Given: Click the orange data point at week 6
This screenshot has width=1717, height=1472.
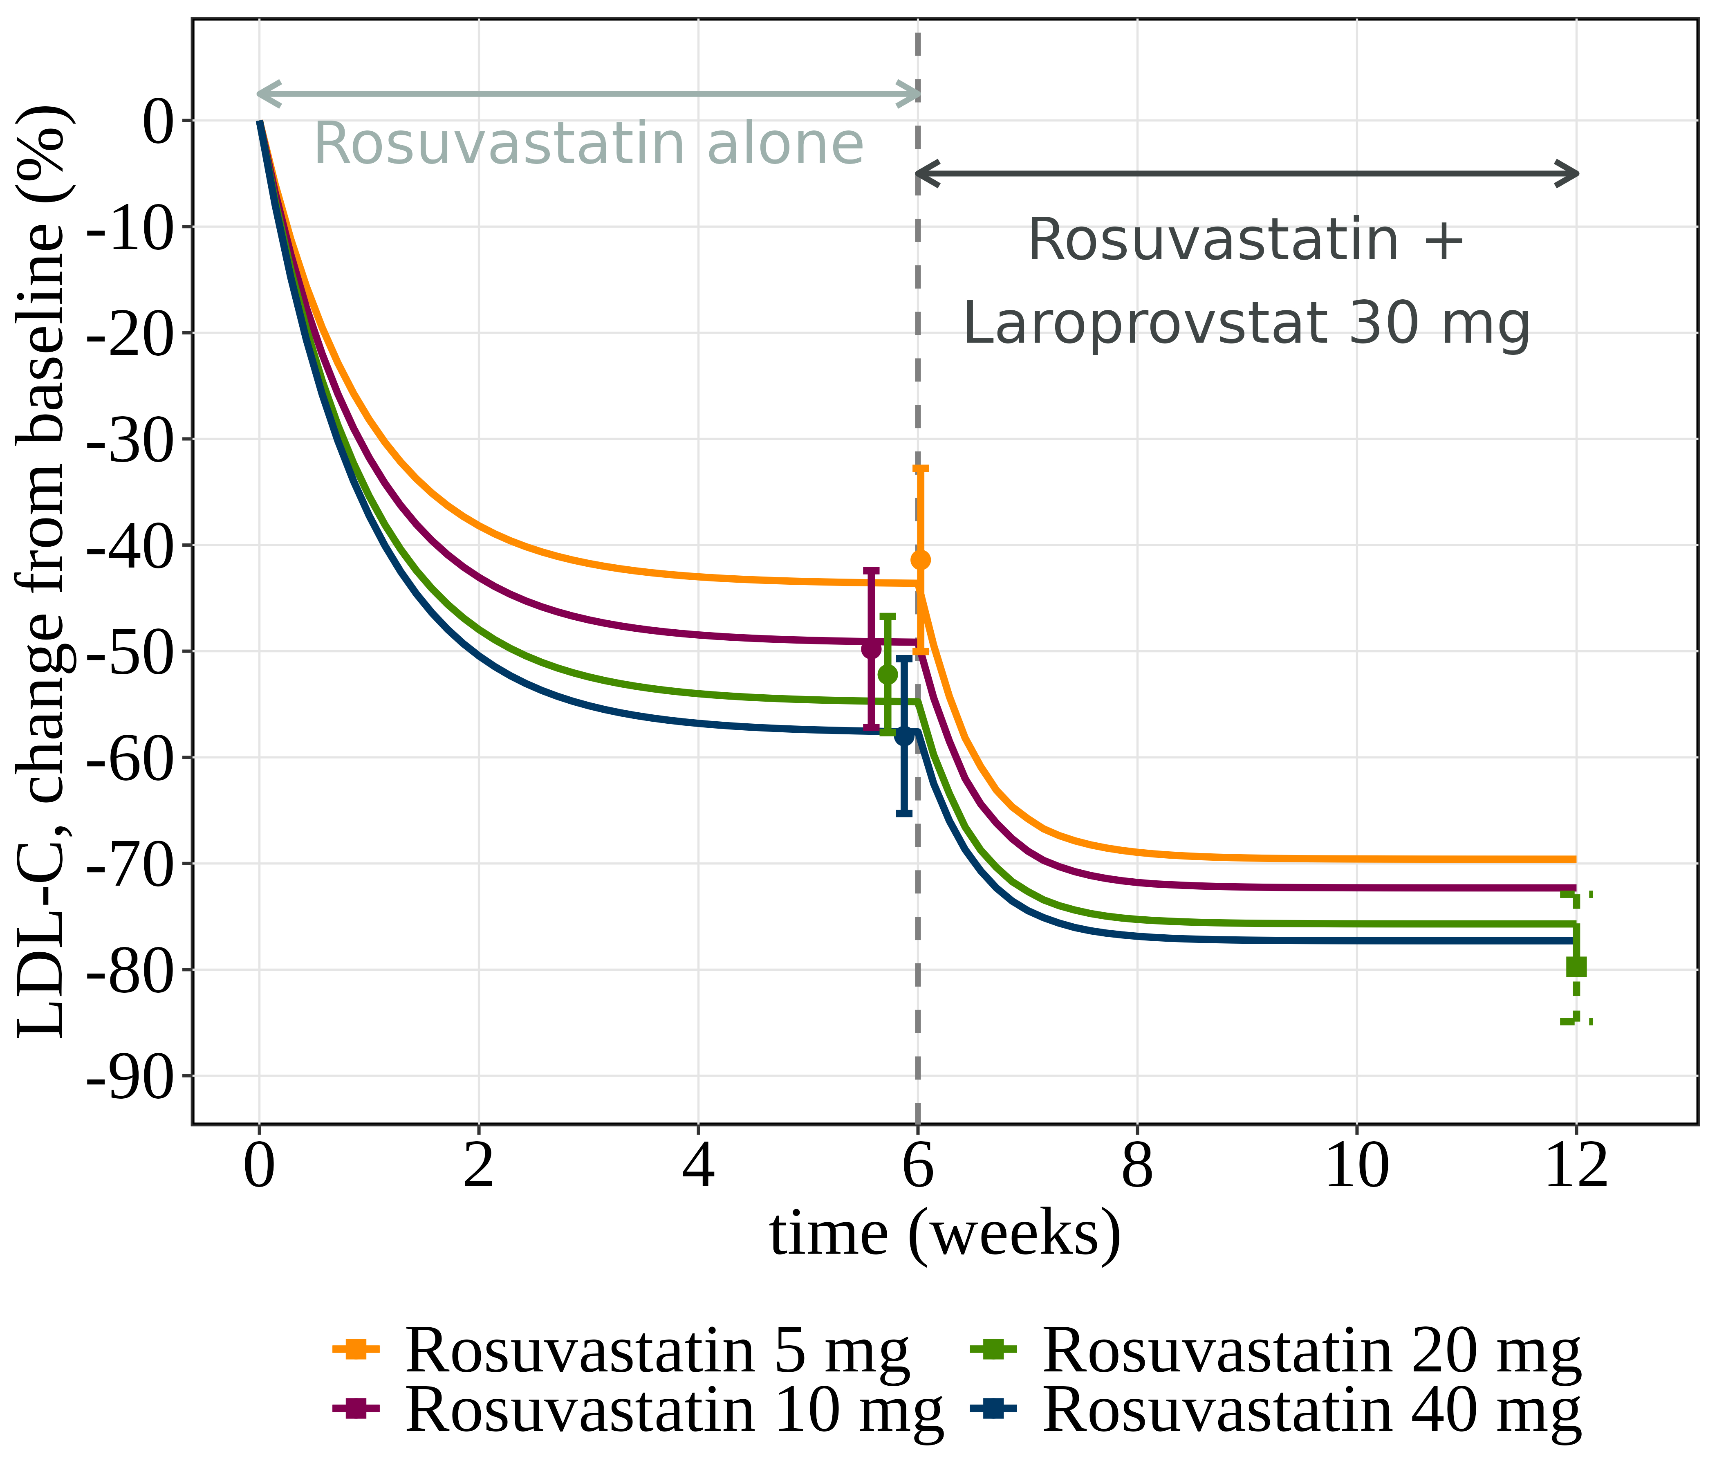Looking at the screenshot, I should [x=920, y=560].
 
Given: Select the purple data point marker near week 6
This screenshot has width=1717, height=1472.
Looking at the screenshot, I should [x=871, y=648].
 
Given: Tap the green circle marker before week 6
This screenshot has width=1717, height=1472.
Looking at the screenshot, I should [x=888, y=675].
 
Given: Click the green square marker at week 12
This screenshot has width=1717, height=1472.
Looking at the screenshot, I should [x=1576, y=967].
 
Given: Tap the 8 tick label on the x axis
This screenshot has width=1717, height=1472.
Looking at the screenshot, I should [x=1137, y=1169].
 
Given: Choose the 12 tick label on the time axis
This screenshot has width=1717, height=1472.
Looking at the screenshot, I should [x=1576, y=1169].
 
